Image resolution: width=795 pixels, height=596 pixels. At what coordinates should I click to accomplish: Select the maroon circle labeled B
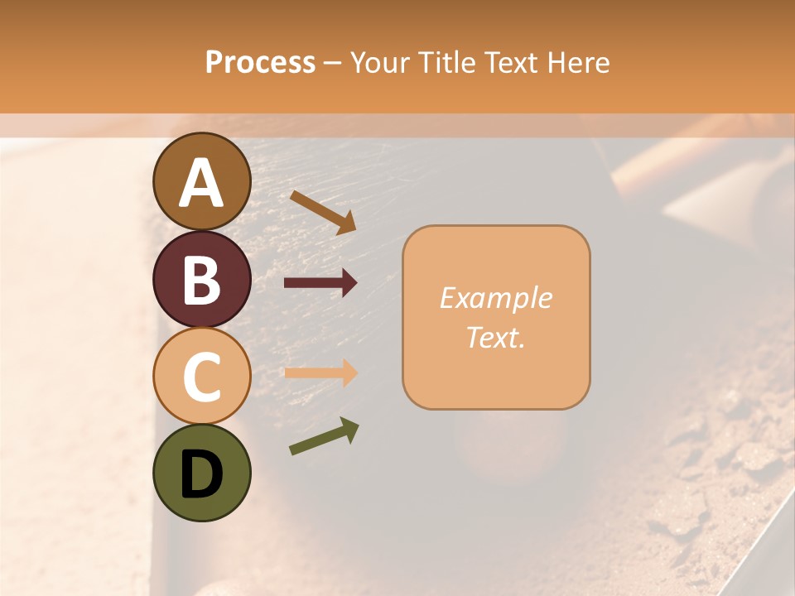click(x=202, y=279)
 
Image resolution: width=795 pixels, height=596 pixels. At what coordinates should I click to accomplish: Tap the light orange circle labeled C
click(x=202, y=377)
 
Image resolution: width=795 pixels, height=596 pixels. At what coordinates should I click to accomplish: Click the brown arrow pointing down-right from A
click(x=323, y=212)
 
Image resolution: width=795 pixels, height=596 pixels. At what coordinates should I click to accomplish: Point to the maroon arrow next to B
click(x=320, y=284)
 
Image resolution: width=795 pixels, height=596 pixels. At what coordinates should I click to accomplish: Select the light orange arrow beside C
click(x=320, y=372)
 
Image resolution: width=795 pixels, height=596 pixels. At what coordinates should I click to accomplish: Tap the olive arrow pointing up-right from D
click(x=324, y=436)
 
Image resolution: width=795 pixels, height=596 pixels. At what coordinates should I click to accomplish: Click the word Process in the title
click(x=260, y=63)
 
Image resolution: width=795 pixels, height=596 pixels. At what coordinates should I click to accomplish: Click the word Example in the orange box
click(x=496, y=298)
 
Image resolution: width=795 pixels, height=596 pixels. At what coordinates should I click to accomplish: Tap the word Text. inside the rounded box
click(x=496, y=337)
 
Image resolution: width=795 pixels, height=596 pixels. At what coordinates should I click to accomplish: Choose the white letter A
click(x=202, y=183)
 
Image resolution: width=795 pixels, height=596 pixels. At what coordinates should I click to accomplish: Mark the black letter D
click(x=202, y=474)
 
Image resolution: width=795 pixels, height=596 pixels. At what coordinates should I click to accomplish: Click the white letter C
click(x=202, y=377)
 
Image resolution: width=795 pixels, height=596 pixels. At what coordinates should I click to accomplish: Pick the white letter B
click(x=202, y=279)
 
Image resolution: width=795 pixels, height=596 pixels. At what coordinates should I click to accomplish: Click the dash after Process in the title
click(x=333, y=64)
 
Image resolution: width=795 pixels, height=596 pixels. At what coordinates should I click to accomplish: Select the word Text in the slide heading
click(x=512, y=63)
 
